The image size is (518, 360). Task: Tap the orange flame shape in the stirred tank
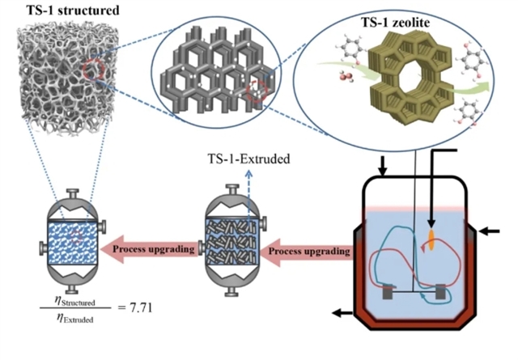coord(430,239)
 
